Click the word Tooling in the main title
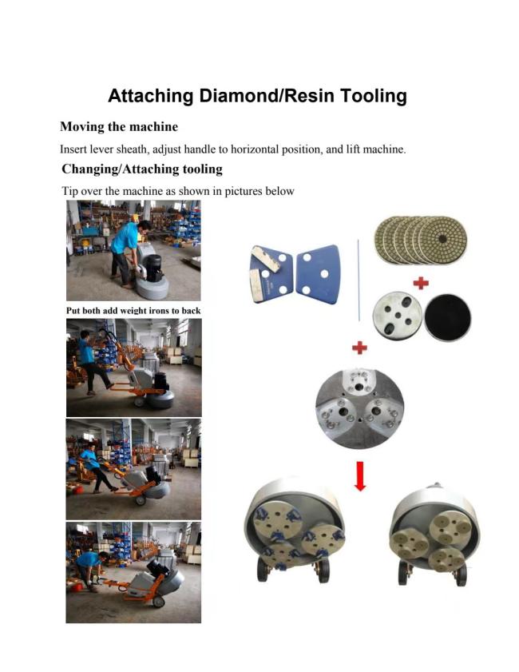tap(373, 96)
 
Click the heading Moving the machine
tap(119, 127)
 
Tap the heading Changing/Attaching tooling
tap(142, 169)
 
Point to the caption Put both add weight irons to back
tap(133, 311)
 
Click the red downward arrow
tap(360, 475)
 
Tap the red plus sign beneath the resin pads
tap(421, 283)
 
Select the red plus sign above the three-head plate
tap(359, 347)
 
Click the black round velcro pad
tap(447, 317)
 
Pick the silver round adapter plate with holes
tap(397, 316)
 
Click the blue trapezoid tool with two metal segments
tap(271, 274)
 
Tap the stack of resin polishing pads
tap(421, 240)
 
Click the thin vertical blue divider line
tap(359, 280)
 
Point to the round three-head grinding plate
tap(359, 408)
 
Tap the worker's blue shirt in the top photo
tap(125, 238)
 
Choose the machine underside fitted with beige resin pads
tap(434, 534)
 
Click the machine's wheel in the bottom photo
tap(158, 602)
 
